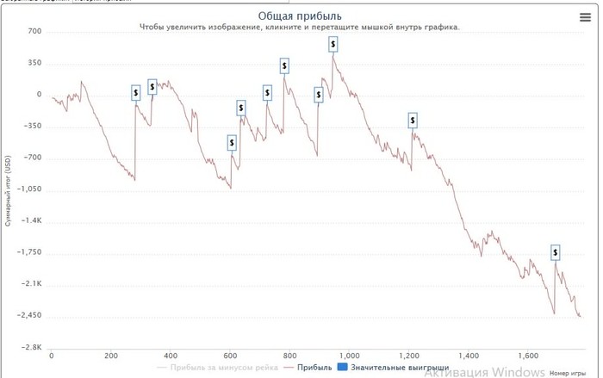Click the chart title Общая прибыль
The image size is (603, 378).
[301, 15]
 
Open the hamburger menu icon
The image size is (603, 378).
[586, 17]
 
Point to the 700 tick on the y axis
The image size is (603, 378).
[34, 32]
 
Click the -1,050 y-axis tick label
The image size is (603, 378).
[28, 189]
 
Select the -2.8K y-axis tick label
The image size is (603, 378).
[32, 347]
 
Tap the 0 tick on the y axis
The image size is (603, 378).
[39, 95]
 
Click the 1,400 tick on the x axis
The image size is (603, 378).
[469, 356]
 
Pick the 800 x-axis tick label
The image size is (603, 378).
[289, 356]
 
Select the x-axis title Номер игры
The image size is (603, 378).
[566, 373]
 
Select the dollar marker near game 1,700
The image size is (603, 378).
[556, 252]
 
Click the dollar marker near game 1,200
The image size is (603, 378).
[413, 121]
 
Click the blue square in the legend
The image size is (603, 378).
[342, 368]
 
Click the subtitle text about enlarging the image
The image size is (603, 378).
[301, 28]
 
